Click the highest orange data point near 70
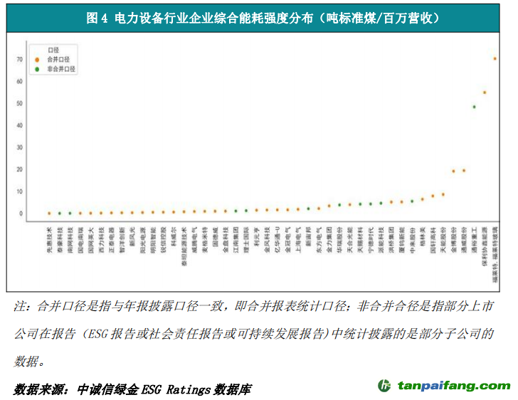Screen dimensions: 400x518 (495, 58)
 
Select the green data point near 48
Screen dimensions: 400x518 (474, 107)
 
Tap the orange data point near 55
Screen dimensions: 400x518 (485, 93)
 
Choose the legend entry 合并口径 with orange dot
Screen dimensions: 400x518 (58, 60)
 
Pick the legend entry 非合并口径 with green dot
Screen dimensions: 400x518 (61, 69)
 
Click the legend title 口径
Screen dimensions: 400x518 (53, 51)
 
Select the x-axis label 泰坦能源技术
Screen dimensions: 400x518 (184, 246)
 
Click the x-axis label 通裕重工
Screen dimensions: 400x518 (474, 241)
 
